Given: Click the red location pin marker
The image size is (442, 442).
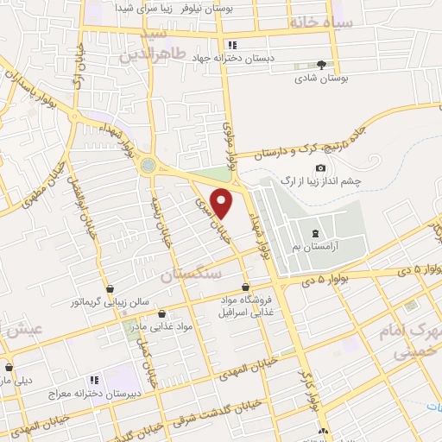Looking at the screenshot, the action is (223, 204).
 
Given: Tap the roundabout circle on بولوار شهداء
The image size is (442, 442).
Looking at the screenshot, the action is (149, 164).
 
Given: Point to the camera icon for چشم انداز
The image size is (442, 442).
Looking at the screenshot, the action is (320, 167).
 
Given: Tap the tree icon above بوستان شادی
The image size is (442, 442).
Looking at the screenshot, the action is (322, 65).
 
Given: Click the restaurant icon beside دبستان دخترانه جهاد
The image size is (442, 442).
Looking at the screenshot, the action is (230, 45).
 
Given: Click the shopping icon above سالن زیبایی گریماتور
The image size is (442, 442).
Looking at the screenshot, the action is (109, 290).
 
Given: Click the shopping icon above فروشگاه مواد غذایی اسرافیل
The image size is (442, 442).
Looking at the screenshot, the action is (246, 287).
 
